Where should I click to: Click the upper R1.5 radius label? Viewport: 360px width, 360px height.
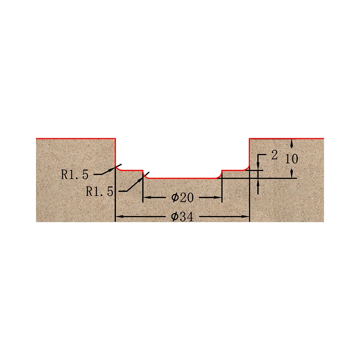coord(75,175)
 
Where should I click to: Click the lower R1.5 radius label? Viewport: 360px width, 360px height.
coord(99,192)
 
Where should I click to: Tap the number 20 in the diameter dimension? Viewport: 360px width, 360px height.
coord(186,198)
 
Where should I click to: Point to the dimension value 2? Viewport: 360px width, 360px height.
coord(274,155)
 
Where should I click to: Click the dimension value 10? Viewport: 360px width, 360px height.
coord(292,159)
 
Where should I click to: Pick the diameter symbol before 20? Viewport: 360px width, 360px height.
coord(175,198)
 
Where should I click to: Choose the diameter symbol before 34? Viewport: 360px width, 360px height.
coord(175,217)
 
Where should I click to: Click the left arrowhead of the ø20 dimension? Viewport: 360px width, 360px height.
coord(146,197)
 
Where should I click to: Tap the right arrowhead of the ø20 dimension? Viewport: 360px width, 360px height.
coord(218,197)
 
